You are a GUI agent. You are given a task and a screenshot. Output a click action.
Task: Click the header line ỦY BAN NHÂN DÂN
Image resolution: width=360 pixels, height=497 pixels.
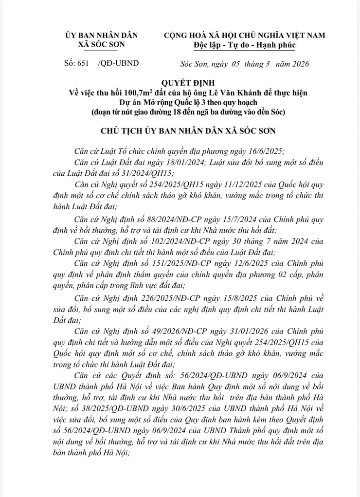tap(101, 36)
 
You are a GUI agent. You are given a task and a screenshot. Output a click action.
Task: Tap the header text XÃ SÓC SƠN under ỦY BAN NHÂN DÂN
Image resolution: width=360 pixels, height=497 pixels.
tap(101, 44)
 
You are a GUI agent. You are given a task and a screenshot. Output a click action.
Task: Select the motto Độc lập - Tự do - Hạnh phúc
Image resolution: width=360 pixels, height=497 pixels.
tap(244, 45)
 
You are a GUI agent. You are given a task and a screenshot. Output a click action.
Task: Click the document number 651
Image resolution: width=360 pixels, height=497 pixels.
tap(83, 64)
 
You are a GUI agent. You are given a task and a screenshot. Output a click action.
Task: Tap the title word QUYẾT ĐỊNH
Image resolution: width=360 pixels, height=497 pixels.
tap(180, 83)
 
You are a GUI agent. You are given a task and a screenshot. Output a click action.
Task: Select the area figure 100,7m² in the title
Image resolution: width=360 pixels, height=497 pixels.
tap(141, 92)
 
